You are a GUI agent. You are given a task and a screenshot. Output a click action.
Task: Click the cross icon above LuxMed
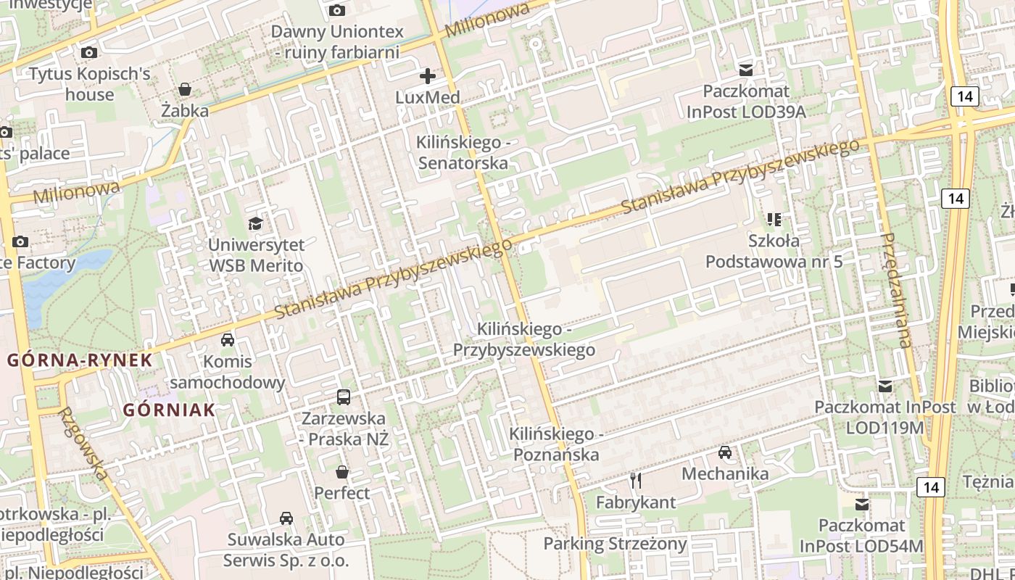428,75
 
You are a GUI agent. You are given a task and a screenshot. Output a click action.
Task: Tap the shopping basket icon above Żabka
185,89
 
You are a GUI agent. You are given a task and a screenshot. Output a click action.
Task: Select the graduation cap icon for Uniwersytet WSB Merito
255,223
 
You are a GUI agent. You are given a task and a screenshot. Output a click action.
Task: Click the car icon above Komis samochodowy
227,339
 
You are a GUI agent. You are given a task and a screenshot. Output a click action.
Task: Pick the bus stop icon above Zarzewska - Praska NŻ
344,397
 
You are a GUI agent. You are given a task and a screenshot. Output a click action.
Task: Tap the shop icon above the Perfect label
342,472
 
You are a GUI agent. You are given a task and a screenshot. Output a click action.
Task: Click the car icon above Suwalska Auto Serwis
286,518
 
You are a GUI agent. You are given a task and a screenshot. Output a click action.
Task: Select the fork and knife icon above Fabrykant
636,480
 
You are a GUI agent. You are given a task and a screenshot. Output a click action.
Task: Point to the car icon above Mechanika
724,452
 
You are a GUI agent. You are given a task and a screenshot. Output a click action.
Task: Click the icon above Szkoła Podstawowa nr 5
774,218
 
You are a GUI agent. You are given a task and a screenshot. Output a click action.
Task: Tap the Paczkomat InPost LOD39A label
746,101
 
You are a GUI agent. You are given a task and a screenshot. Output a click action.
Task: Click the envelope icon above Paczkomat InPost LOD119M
884,386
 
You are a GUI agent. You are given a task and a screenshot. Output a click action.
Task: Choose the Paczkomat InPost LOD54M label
862,535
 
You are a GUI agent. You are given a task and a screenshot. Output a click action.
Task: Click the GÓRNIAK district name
169,410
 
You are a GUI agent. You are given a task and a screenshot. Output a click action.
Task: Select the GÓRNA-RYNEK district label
80,360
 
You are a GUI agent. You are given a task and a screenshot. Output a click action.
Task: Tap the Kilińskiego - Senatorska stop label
463,152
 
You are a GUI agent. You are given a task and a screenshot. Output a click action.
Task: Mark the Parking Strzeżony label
615,544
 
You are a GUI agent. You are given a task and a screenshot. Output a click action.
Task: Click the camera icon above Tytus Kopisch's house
89,52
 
